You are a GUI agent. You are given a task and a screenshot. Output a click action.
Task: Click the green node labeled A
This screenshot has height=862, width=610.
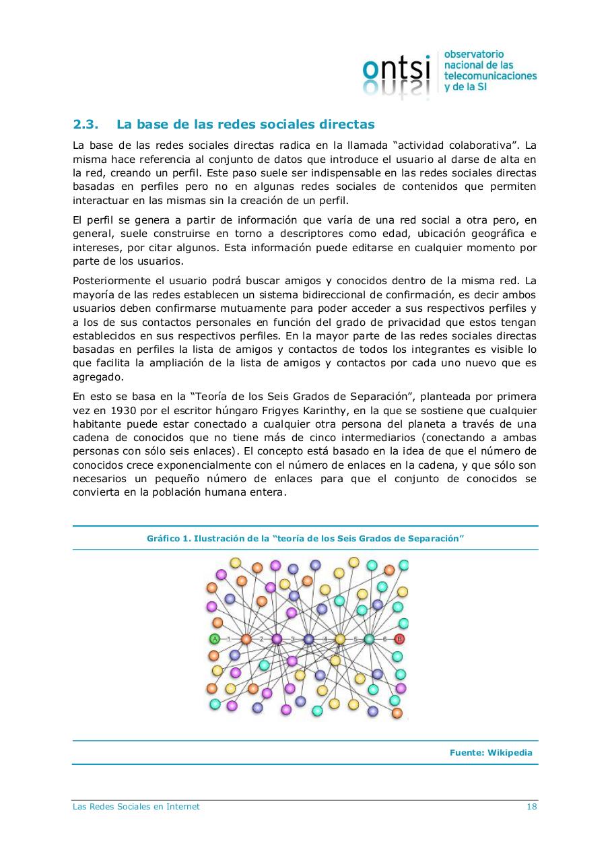(215, 638)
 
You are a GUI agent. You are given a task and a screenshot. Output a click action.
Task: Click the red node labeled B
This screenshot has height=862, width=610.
(399, 638)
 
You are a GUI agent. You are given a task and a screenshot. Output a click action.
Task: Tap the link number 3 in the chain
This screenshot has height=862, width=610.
(292, 638)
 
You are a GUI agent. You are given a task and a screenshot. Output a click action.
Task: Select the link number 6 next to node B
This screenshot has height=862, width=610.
(384, 638)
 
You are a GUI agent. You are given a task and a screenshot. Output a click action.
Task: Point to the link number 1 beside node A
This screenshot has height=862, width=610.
(230, 638)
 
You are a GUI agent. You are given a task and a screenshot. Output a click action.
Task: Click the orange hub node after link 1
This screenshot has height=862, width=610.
(246, 638)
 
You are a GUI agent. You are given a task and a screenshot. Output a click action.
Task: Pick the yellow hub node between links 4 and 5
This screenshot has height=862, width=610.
(340, 638)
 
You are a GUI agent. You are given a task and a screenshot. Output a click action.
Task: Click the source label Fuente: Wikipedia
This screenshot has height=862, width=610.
(490, 753)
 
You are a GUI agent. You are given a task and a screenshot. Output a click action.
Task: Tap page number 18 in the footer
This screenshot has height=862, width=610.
(531, 807)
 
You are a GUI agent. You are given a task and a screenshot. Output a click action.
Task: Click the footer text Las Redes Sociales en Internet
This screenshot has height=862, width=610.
(136, 807)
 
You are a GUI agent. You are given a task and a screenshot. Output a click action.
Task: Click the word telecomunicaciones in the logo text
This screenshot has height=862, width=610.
(490, 76)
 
